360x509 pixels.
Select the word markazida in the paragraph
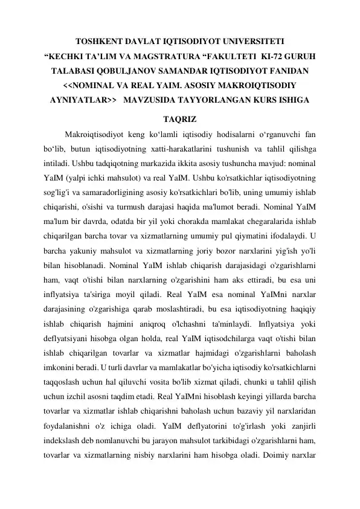tap(164, 163)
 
